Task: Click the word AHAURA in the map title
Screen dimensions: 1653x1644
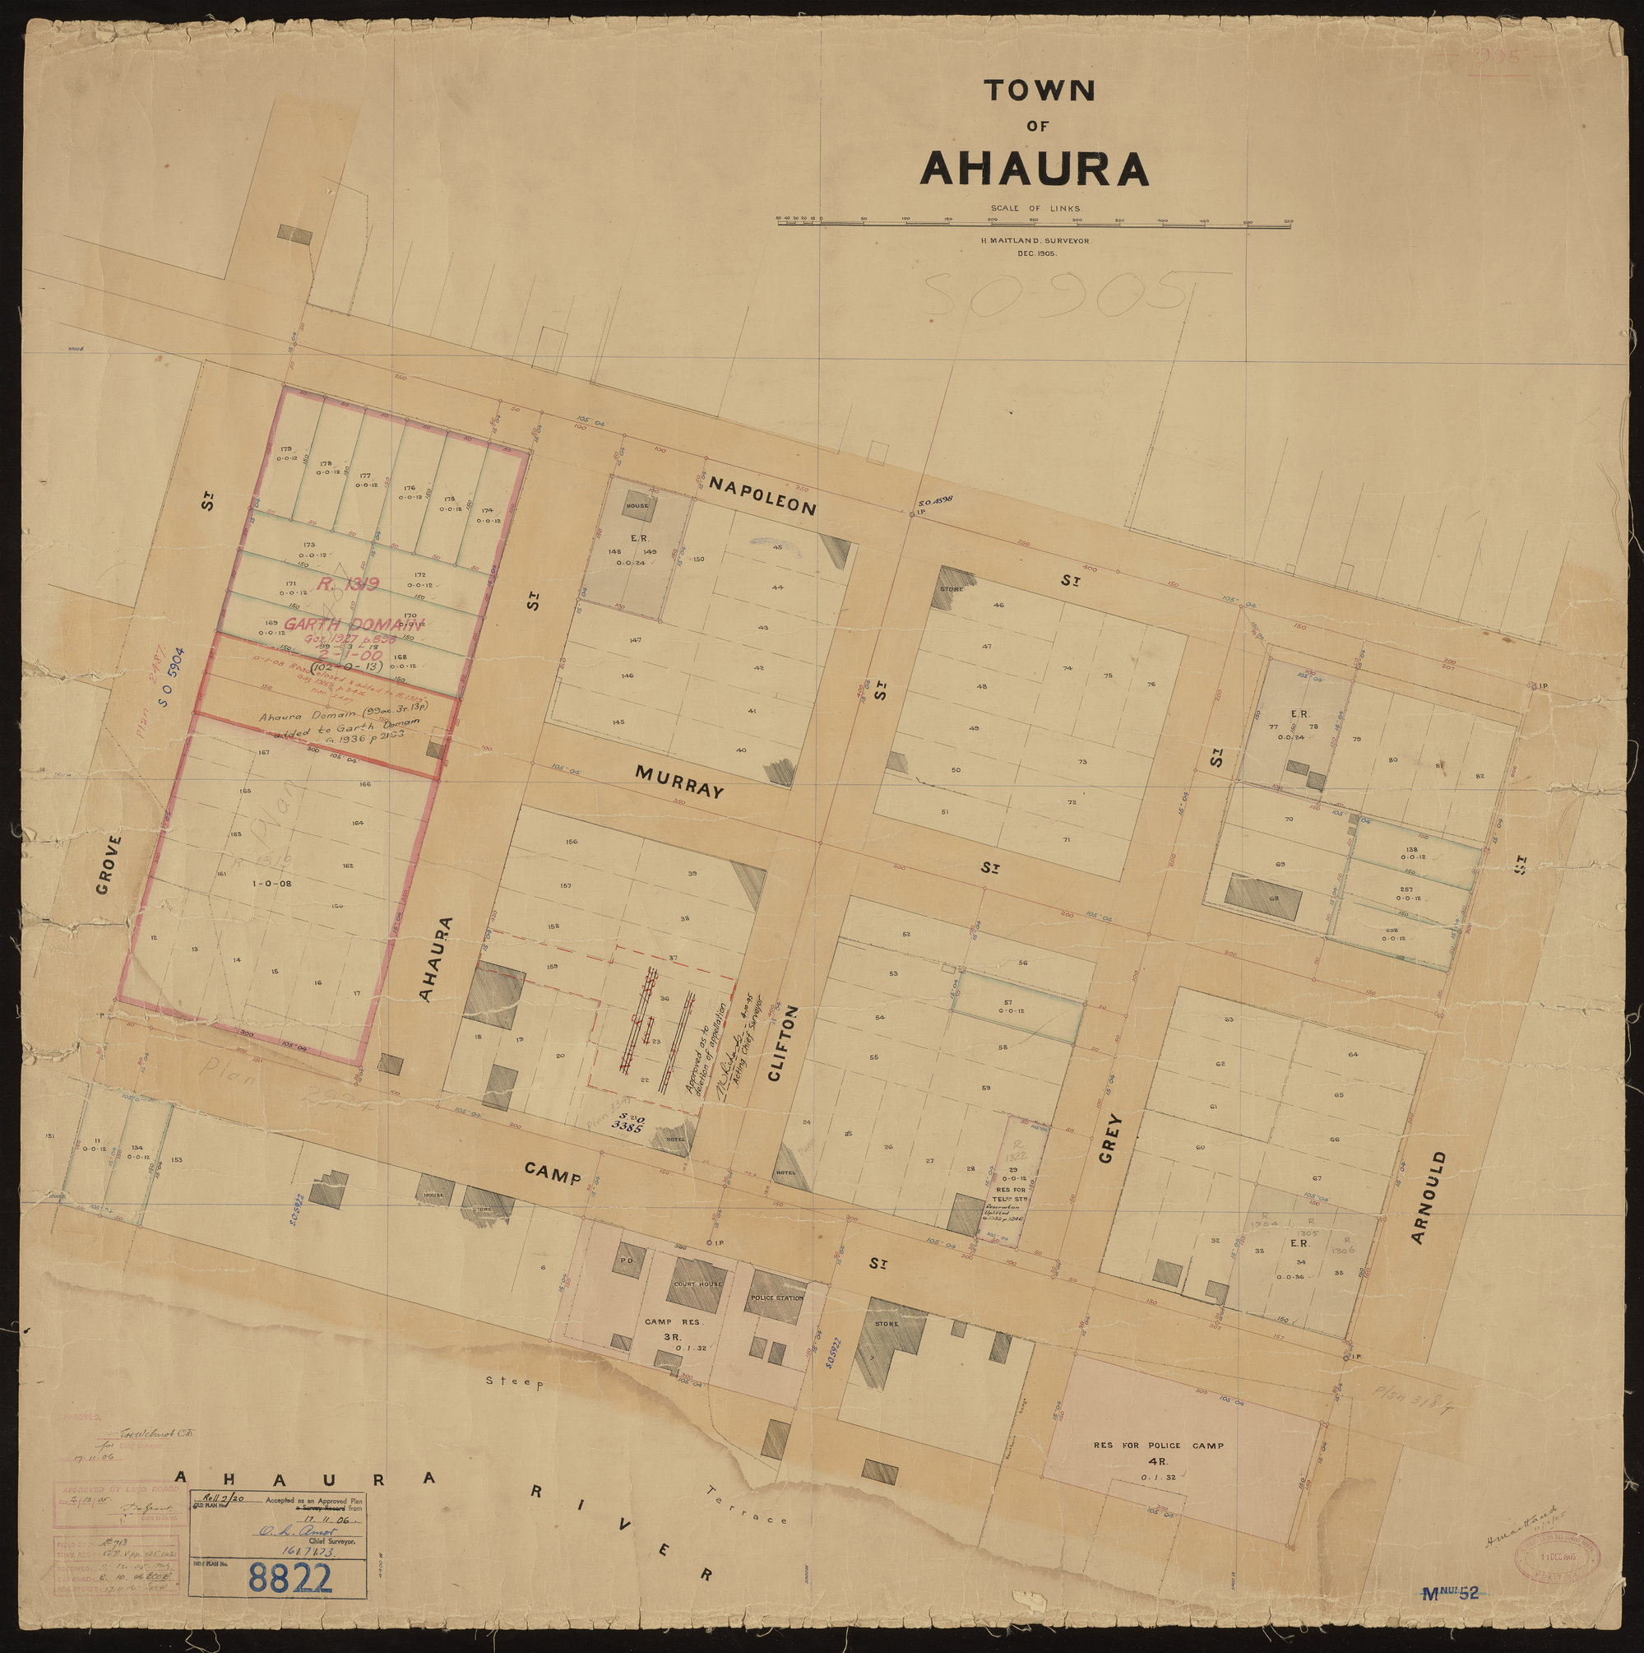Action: click(x=1033, y=168)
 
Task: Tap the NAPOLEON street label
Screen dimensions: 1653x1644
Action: click(x=763, y=495)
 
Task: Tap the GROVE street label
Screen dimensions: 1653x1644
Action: click(x=107, y=864)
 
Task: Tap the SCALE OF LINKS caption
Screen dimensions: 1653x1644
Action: click(x=1033, y=208)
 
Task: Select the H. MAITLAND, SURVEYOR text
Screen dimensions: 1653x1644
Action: click(x=1033, y=241)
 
